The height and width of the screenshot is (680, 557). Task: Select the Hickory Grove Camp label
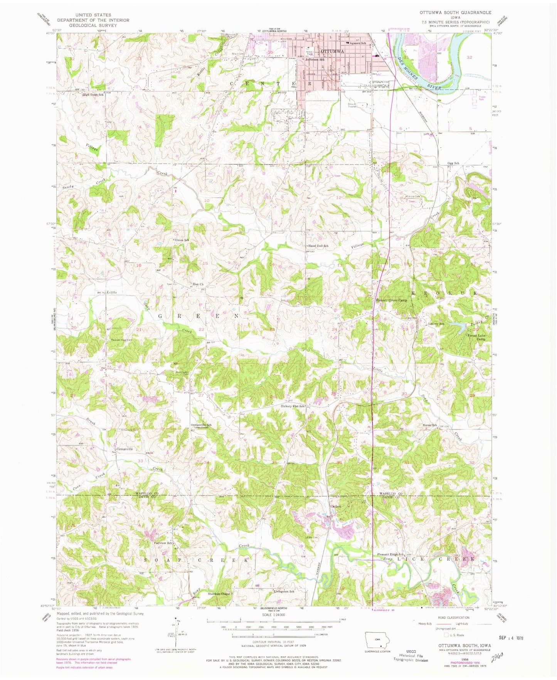pos(391,300)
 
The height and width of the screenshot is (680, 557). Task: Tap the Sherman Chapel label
pos(219,594)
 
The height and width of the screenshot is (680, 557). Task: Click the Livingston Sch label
pos(284,591)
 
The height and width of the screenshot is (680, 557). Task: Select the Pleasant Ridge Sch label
pos(390,554)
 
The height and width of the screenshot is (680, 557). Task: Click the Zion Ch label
pos(198,285)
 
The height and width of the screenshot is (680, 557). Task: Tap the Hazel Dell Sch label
pos(318,246)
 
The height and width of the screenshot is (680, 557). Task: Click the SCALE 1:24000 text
pos(273,626)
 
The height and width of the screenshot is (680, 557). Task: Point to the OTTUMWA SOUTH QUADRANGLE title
pos(455,12)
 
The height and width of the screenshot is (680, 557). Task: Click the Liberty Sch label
pos(436,324)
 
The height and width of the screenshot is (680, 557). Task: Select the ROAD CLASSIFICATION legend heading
pos(451,617)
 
